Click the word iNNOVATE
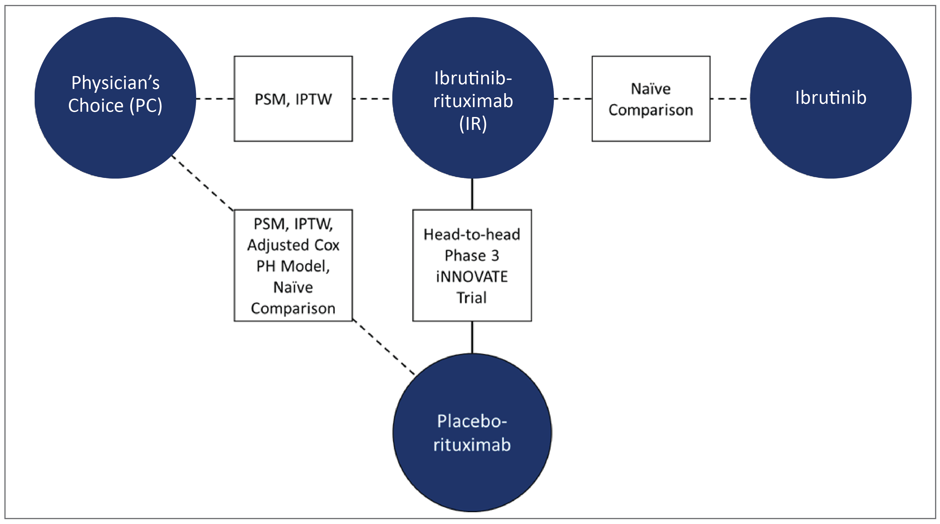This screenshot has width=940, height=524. click(472, 276)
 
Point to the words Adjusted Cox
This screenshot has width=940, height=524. click(293, 245)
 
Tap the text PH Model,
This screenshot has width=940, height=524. click(293, 266)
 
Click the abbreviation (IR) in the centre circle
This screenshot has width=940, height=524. click(473, 124)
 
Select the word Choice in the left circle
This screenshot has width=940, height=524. click(96, 106)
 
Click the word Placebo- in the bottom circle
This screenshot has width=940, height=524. click(472, 421)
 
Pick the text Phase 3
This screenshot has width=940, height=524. click(472, 255)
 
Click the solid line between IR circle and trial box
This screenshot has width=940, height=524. click(472, 194)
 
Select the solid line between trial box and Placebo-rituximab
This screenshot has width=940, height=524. click(472, 337)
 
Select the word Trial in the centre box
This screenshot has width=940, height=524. click(472, 297)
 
